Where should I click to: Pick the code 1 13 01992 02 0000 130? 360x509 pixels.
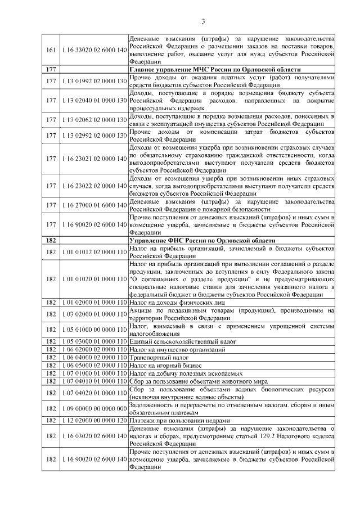point(93,81)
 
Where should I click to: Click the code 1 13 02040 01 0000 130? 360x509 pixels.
point(93,100)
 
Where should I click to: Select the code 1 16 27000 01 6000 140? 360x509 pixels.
point(93,205)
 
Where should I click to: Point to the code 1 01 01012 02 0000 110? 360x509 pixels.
point(93,251)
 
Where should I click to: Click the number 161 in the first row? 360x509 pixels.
point(50,51)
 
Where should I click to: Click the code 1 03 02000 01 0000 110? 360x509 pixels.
point(93,314)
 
